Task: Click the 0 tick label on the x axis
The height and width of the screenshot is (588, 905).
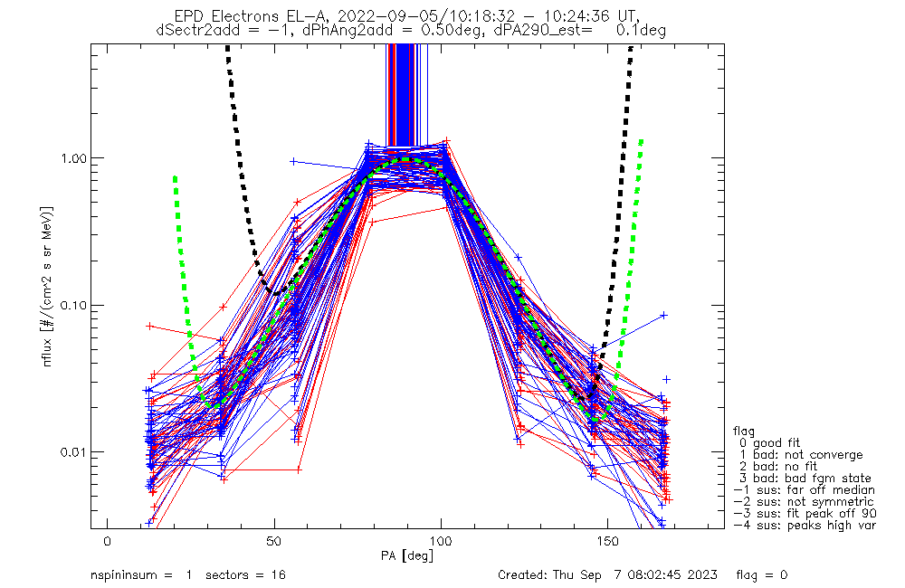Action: tap(108, 542)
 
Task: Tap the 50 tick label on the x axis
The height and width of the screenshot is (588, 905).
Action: tap(273, 542)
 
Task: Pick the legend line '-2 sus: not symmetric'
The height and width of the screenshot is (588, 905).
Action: tap(804, 502)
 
